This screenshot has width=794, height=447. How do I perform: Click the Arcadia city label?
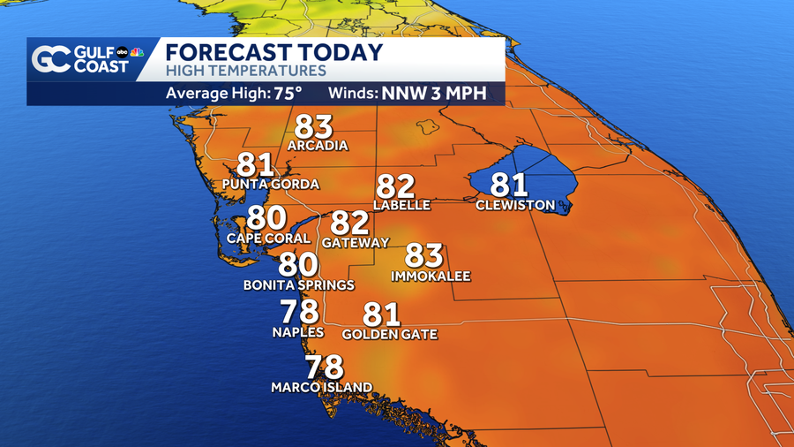click(318, 146)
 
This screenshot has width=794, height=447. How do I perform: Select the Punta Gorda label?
click(270, 185)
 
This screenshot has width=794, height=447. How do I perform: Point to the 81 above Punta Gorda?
click(257, 165)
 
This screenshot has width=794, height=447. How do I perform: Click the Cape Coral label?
click(268, 238)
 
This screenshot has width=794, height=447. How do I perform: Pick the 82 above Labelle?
click(395, 186)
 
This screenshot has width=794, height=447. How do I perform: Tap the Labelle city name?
click(401, 205)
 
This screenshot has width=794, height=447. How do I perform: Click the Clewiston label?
click(515, 206)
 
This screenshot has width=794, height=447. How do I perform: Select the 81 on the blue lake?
click(508, 185)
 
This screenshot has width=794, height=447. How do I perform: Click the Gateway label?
click(356, 242)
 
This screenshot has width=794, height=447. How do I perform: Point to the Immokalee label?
click(431, 277)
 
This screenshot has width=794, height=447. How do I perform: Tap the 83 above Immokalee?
click(423, 256)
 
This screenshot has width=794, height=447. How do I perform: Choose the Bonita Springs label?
click(299, 285)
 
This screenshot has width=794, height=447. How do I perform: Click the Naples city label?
click(297, 332)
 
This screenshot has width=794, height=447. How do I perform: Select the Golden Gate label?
click(389, 335)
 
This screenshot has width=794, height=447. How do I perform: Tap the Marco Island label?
click(321, 387)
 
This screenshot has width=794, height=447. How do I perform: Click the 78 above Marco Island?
click(324, 367)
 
